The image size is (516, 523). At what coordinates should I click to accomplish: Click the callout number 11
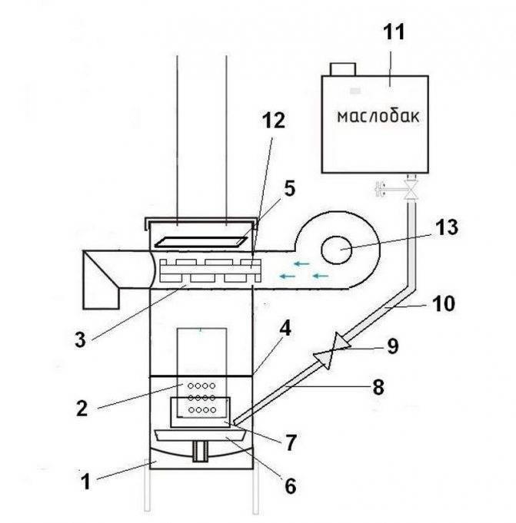[394, 32]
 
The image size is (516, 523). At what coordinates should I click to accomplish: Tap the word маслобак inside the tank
[378, 117]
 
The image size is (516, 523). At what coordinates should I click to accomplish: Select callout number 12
[274, 121]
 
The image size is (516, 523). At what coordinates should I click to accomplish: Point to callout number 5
[290, 188]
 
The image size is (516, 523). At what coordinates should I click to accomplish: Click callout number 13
[447, 227]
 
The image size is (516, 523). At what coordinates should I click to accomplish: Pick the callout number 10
[444, 304]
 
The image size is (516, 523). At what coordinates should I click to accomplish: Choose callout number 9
[393, 346]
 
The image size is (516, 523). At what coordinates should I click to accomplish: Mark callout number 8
[378, 388]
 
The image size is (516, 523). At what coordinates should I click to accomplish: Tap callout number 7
[290, 443]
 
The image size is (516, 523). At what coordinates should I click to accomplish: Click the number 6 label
[290, 486]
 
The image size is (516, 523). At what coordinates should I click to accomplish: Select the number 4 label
[285, 329]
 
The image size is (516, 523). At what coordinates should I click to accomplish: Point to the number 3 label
[80, 340]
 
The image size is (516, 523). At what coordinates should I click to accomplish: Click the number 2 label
[82, 409]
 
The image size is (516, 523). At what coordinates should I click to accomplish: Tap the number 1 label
[86, 482]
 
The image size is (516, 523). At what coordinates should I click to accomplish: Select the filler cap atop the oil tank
[343, 69]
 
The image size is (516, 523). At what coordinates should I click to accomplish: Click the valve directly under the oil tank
[411, 190]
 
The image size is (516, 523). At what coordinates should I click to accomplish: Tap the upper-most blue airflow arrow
[301, 264]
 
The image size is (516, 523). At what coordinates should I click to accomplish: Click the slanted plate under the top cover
[201, 242]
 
